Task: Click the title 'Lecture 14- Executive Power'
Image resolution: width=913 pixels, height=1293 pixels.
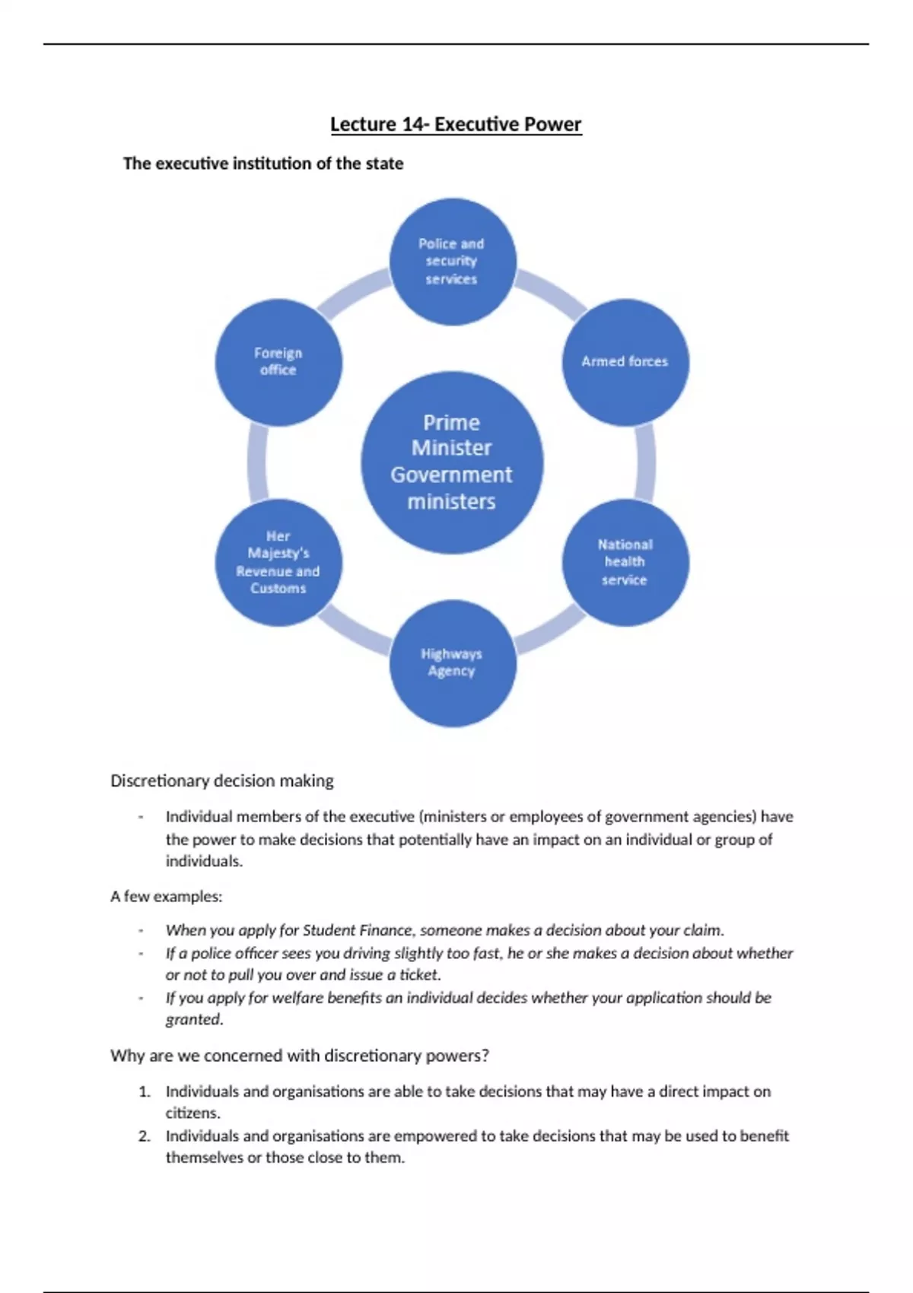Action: (456, 125)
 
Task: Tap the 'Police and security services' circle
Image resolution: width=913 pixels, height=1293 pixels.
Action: (453, 262)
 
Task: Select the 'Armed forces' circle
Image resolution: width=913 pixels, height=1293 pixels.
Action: (625, 362)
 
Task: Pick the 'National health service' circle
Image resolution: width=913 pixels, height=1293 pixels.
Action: (625, 563)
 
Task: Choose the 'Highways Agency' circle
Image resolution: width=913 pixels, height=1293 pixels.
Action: (453, 663)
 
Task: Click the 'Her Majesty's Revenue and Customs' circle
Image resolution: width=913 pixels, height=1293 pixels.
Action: (278, 563)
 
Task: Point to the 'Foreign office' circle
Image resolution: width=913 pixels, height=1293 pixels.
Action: (278, 362)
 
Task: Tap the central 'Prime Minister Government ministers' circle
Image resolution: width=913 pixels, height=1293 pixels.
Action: (452, 462)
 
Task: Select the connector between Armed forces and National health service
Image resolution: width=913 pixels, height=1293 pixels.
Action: (646, 462)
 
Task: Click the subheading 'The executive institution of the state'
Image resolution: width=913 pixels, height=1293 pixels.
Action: (263, 164)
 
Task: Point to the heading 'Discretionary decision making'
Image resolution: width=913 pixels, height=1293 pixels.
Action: (222, 781)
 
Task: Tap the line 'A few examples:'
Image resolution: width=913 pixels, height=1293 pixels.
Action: (166, 897)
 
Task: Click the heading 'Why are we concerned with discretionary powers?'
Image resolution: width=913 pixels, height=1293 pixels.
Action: (300, 1056)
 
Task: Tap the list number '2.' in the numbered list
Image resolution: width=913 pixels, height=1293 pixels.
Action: (145, 1136)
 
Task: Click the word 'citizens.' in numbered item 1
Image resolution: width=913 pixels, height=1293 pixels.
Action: (193, 1114)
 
